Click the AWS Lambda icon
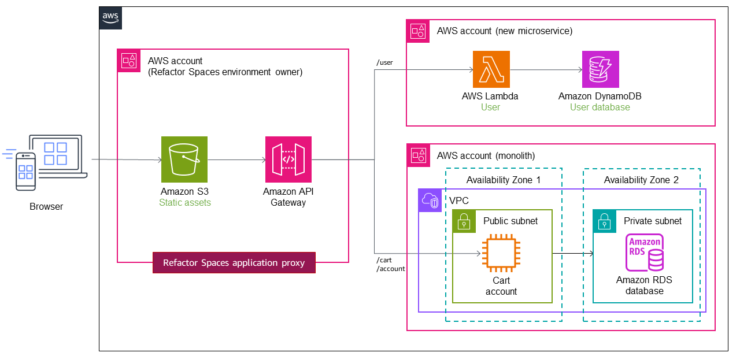[x=491, y=69]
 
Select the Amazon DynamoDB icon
[x=600, y=69]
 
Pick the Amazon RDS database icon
[x=644, y=253]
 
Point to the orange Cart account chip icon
[x=501, y=253]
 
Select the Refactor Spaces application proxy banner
[x=234, y=263]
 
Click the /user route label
[x=384, y=62]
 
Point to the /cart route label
[x=384, y=260]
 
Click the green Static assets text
[x=185, y=203]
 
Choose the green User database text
[x=600, y=107]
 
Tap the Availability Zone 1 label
[x=503, y=180]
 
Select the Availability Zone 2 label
[x=641, y=180]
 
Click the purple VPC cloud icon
[x=430, y=200]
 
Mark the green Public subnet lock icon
[x=464, y=221]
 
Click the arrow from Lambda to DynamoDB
[x=546, y=70]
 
